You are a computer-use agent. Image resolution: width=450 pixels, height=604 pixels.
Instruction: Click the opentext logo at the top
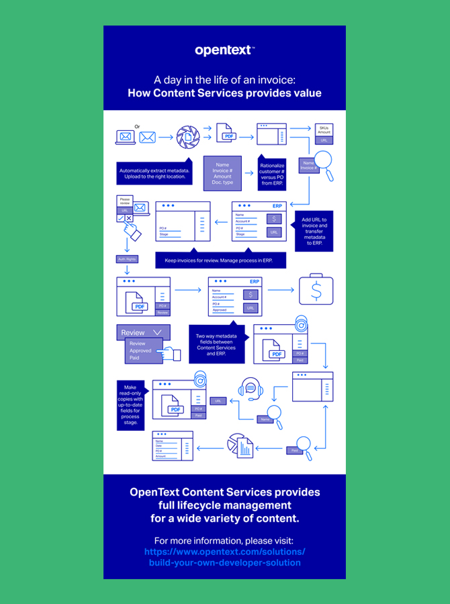224,50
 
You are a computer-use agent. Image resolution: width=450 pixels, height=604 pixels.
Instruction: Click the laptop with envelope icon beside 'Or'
126,137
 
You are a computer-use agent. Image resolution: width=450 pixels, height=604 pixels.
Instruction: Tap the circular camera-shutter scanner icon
188,137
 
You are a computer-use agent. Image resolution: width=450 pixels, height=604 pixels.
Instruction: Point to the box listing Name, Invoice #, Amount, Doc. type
222,173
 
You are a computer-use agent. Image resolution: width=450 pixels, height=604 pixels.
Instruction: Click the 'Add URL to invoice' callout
314,232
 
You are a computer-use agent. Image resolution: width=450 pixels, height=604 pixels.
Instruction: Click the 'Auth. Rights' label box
127,259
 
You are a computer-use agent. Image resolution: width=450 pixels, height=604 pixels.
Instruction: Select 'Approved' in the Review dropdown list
141,350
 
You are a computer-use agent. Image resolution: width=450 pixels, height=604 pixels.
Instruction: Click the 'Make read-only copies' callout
130,405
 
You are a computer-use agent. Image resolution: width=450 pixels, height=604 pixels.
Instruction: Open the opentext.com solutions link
224,557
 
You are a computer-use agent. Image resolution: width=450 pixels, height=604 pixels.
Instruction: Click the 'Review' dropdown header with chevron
143,332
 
